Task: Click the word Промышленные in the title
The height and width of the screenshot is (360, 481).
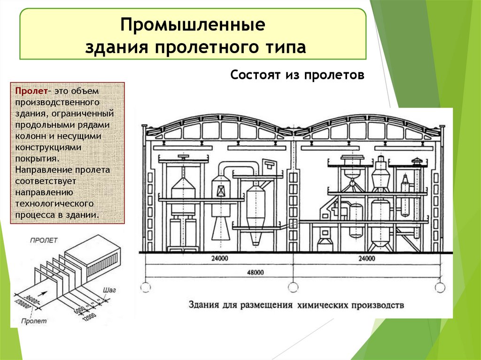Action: click(193, 25)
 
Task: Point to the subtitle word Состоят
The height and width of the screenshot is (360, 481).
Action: click(254, 75)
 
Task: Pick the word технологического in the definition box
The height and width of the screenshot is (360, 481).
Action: click(54, 203)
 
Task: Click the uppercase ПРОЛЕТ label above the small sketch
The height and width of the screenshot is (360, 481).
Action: click(44, 240)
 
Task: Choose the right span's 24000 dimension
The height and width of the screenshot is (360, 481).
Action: click(366, 258)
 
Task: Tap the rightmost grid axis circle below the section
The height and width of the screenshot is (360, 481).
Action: click(440, 286)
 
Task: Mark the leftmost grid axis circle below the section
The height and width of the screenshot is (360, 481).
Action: click(146, 286)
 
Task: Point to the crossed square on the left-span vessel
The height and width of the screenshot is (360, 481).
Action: click(220, 191)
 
